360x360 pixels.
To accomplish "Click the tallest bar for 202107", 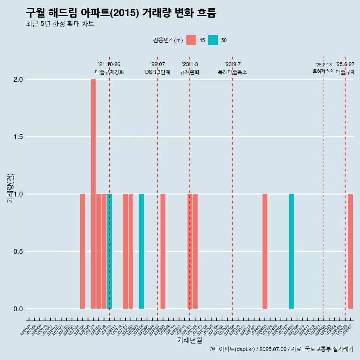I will (93, 194).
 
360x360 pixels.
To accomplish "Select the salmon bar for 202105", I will (82, 251).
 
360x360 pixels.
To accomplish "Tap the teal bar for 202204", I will (141, 251).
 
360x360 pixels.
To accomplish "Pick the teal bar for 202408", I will (291, 251).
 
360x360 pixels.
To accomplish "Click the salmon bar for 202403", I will (265, 251).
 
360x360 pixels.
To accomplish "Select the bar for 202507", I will (350, 251).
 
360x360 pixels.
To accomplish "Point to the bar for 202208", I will (163, 251).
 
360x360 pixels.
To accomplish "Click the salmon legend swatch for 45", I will (191, 40).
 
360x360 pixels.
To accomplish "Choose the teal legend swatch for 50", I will (213, 40).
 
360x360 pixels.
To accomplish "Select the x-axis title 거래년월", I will (189, 340).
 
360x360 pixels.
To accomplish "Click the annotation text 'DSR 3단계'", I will (157, 72).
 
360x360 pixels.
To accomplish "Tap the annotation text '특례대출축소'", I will (232, 72).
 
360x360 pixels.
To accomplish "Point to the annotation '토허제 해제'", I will (323, 71).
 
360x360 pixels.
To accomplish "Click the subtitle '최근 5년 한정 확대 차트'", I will (60, 24).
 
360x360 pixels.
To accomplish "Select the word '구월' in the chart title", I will (35, 13).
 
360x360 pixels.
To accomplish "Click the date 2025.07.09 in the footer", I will (273, 349).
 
